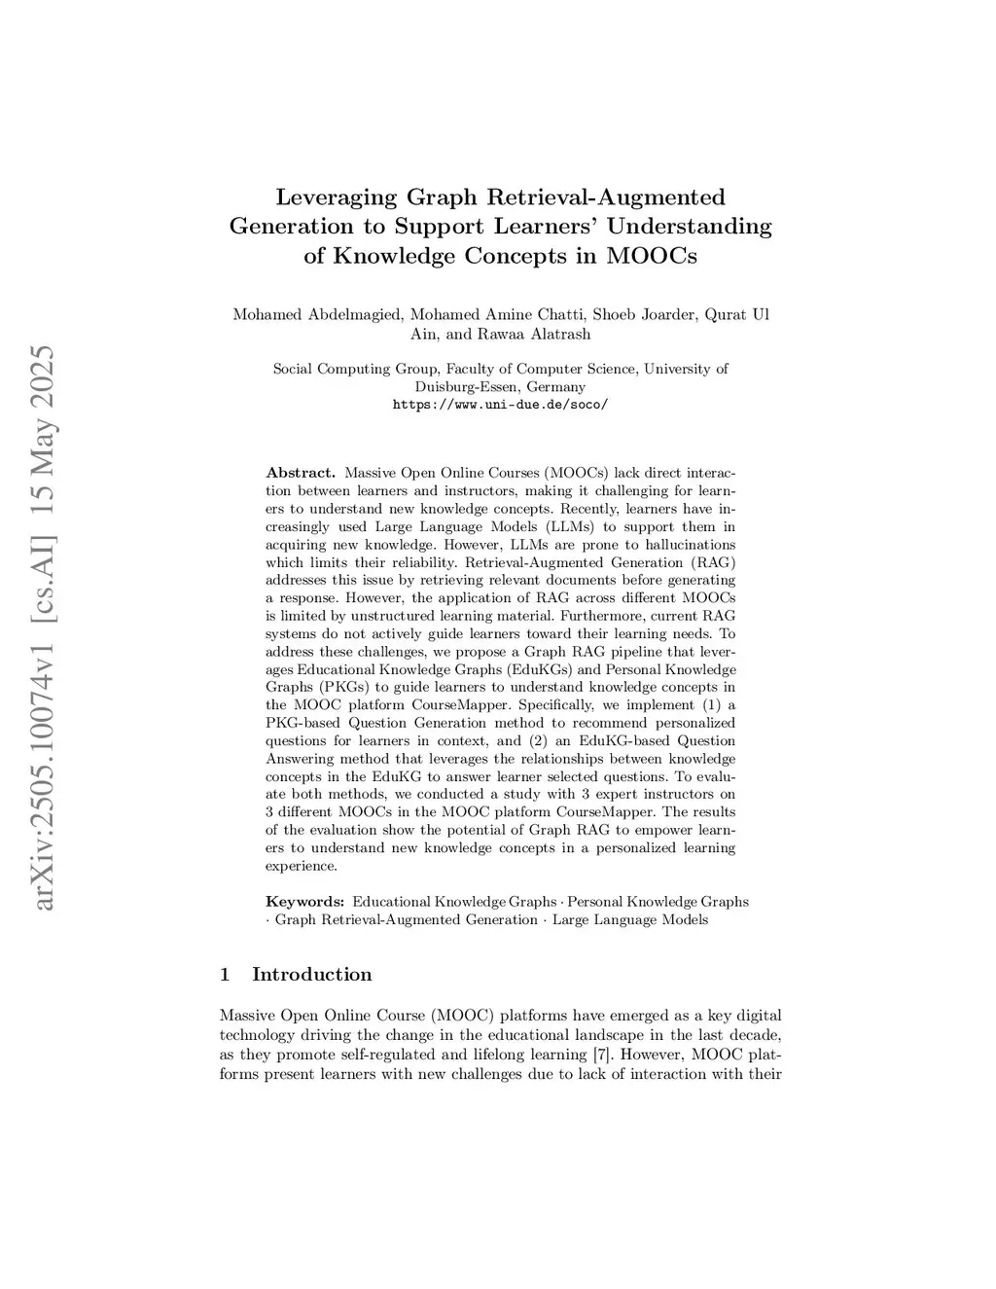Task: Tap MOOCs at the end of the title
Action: (x=652, y=257)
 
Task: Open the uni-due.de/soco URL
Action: (x=500, y=405)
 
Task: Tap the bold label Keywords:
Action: (x=304, y=902)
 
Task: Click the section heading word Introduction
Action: (x=311, y=975)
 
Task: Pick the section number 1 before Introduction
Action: (x=226, y=975)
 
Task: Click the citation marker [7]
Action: (x=602, y=1055)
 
